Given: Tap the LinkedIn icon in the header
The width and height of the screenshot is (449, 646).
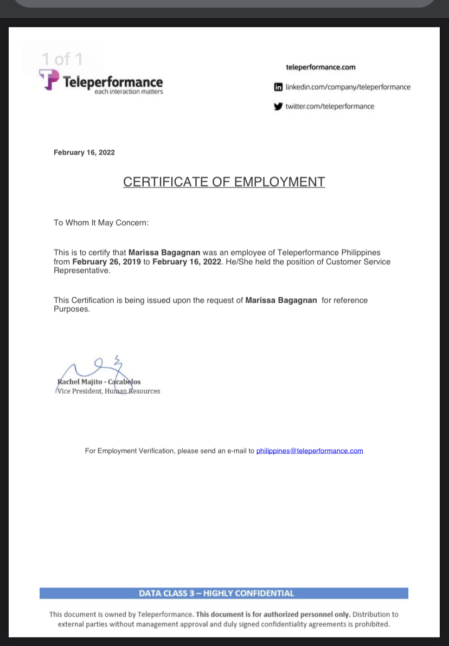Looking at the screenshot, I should [x=279, y=87].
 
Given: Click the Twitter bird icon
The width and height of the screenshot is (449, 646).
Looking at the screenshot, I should [x=279, y=106].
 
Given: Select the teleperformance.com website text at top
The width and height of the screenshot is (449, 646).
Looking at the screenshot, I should [x=320, y=67].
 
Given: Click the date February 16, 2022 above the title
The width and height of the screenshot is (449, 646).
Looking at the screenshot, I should [x=84, y=152].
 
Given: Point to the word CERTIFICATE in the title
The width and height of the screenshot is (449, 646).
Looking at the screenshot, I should [x=165, y=182].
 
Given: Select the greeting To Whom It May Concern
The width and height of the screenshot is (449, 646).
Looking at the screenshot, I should [x=101, y=222].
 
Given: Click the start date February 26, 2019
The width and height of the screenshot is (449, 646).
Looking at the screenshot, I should [x=106, y=261].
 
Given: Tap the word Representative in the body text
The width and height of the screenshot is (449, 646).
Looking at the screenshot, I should [x=81, y=271].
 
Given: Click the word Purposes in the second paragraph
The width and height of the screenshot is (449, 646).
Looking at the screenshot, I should [x=72, y=309].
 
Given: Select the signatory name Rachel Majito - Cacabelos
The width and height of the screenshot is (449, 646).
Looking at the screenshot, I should [x=99, y=382].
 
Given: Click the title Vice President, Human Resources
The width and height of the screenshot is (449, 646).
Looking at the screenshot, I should [x=108, y=391].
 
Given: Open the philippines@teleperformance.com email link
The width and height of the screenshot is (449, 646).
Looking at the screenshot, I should [x=310, y=451].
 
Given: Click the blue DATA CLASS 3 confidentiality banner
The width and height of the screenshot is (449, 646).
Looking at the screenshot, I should [x=223, y=593].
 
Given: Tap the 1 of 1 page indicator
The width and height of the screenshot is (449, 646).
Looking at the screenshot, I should [x=62, y=59].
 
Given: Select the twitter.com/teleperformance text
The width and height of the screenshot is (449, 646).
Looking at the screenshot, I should [x=330, y=106].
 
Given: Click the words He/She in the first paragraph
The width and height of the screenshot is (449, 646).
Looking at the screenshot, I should [x=239, y=261].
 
